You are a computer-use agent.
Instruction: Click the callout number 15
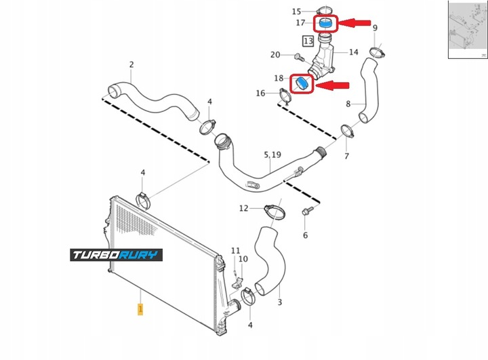(296, 12)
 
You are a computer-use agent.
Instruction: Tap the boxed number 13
(308, 41)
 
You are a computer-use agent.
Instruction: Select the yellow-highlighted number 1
(140, 309)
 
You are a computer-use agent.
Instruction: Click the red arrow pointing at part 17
(357, 23)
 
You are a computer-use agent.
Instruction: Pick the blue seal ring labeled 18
(301, 84)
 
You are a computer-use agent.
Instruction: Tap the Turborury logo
(116, 255)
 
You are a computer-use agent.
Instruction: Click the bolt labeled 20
(299, 55)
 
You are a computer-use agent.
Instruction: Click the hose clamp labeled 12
(271, 211)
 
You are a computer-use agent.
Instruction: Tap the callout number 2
(131, 65)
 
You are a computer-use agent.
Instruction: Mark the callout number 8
(348, 104)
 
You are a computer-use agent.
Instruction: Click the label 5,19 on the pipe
(271, 155)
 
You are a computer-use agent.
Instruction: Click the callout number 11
(235, 251)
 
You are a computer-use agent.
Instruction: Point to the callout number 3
(279, 302)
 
